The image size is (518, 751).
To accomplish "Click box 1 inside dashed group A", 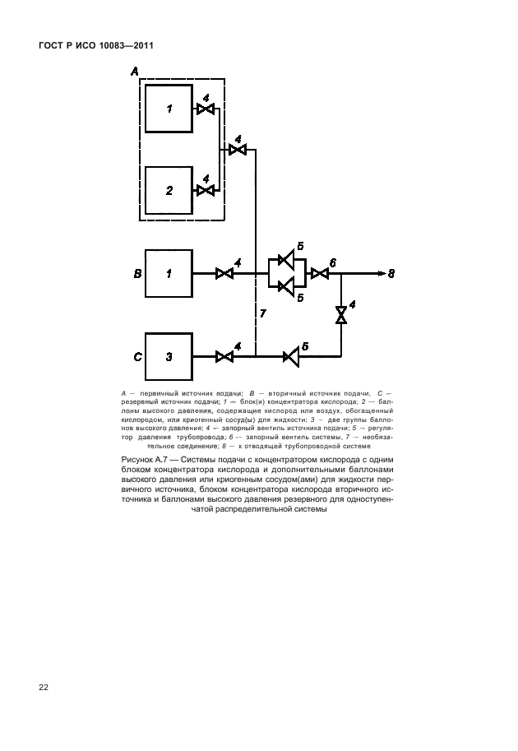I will click(169, 109).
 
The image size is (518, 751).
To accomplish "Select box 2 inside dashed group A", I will click(169, 190).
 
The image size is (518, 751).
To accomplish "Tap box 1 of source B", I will click(169, 273).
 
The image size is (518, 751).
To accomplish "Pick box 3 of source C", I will click(169, 356).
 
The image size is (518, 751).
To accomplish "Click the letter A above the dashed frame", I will click(135, 72).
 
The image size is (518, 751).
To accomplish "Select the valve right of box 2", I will click(206, 191).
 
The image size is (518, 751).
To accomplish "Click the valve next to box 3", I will click(224, 356).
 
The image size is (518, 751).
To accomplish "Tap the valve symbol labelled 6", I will click(321, 273).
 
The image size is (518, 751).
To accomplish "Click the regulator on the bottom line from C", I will click(292, 356).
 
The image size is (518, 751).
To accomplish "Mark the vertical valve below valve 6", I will click(341, 314).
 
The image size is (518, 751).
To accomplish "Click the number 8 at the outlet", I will click(391, 274).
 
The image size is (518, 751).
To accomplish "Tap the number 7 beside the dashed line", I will click(263, 314).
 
